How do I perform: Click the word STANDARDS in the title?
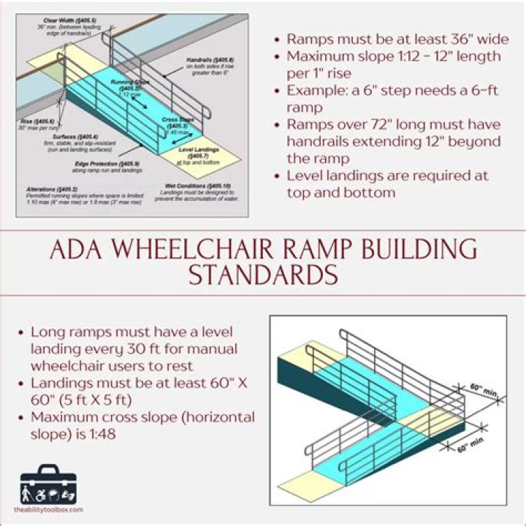pos(263,276)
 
